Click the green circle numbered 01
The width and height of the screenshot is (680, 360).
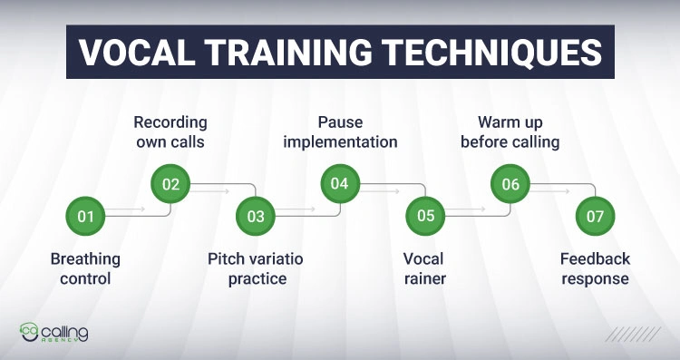[x=85, y=216]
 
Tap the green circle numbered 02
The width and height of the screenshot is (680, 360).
[x=170, y=184]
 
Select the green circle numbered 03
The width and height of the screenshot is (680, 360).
[x=256, y=216]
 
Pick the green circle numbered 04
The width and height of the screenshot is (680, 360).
[x=340, y=184]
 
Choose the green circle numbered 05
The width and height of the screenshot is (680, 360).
[x=425, y=216]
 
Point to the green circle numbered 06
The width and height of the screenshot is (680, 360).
[x=510, y=184]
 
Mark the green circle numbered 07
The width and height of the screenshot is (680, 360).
[x=596, y=216]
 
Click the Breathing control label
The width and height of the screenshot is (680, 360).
[x=85, y=268]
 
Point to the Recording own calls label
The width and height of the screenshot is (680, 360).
[x=170, y=131]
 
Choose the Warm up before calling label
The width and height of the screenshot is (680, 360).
[x=510, y=131]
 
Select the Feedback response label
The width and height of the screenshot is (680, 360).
[x=595, y=268]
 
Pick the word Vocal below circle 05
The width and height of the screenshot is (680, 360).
[x=423, y=259]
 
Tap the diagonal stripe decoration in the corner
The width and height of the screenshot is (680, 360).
[x=634, y=334]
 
